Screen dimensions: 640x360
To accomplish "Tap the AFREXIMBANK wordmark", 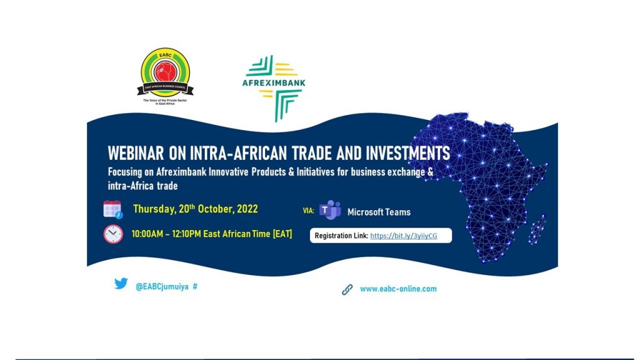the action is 274,82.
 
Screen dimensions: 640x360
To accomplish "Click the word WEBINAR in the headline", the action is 136,153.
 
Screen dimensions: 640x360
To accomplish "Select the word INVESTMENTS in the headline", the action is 407,153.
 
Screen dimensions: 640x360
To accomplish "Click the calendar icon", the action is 112,209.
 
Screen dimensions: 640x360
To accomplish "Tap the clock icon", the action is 113,234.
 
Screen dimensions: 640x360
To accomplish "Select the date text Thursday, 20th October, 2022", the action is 196,209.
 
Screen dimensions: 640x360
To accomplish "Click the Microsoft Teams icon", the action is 330,210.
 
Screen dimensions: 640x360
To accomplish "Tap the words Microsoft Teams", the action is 379,212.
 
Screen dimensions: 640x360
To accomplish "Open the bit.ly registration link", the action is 404,236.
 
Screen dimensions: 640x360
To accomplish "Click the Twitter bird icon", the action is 121,283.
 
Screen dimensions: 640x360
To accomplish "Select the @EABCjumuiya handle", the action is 162,286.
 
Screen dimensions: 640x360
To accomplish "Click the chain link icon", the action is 347,290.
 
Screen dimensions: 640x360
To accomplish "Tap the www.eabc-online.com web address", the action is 398,289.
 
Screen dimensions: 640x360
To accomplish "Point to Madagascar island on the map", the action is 537,229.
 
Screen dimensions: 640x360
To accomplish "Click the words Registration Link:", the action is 341,236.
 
